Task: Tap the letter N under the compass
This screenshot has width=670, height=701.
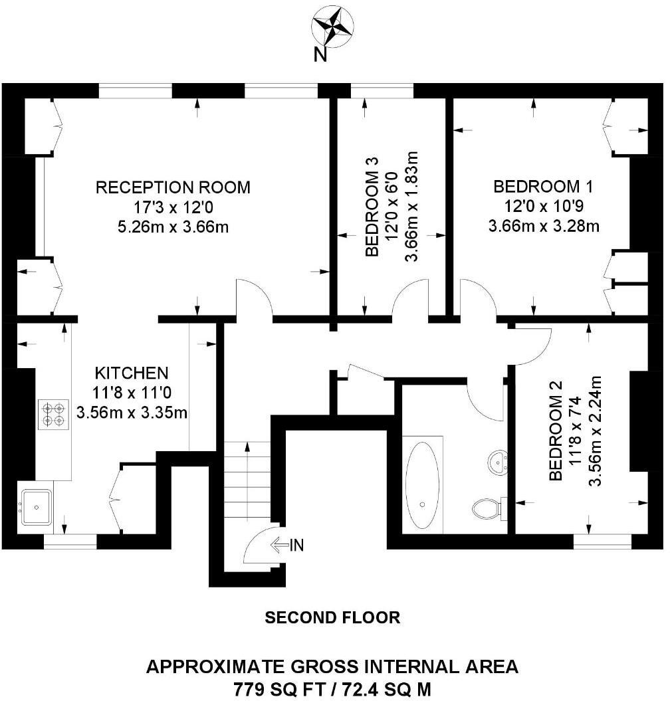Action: click(320, 56)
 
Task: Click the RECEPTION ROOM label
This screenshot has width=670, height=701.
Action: click(173, 187)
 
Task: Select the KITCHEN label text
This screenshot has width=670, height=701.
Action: click(132, 372)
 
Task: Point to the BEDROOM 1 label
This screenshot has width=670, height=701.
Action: click(544, 186)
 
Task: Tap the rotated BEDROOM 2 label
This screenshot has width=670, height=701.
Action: click(556, 430)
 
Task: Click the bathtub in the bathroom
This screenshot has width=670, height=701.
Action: click(423, 483)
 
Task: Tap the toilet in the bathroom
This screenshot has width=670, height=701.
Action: click(487, 508)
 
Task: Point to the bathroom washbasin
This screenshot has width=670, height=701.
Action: click(499, 459)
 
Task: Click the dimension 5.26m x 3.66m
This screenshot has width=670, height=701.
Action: click(173, 227)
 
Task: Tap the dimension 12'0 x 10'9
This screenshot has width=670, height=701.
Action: click(544, 207)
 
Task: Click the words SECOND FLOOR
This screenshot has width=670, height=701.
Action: click(332, 618)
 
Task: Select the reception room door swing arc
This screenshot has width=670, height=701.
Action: click(255, 297)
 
